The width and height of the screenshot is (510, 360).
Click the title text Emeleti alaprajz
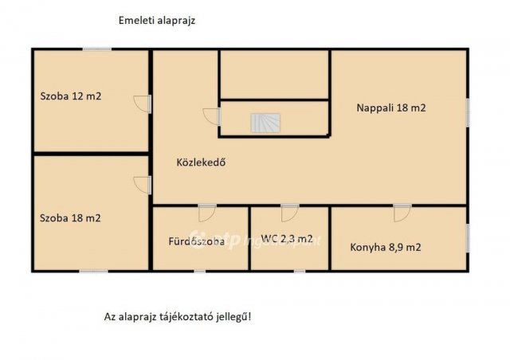[156, 22]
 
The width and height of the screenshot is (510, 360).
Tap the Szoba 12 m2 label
[71, 96]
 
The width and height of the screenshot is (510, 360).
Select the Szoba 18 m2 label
[70, 217]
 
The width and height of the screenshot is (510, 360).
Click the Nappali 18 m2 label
[390, 108]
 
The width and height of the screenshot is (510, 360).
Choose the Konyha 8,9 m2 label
[386, 247]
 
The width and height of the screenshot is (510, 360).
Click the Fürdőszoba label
[196, 241]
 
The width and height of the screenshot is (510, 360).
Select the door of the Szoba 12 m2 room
[143, 104]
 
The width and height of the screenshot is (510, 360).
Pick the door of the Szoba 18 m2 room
[143, 184]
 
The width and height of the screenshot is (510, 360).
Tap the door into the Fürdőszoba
[206, 213]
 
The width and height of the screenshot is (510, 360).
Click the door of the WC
[289, 213]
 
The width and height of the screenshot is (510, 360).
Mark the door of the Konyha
[402, 213]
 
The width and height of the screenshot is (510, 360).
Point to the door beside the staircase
[212, 116]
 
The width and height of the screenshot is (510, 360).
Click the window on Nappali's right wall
[468, 111]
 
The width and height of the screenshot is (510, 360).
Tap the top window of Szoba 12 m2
[97, 49]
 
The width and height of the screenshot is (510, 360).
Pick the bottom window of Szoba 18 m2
[93, 272]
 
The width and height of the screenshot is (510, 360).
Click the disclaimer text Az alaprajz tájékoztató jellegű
[178, 316]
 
